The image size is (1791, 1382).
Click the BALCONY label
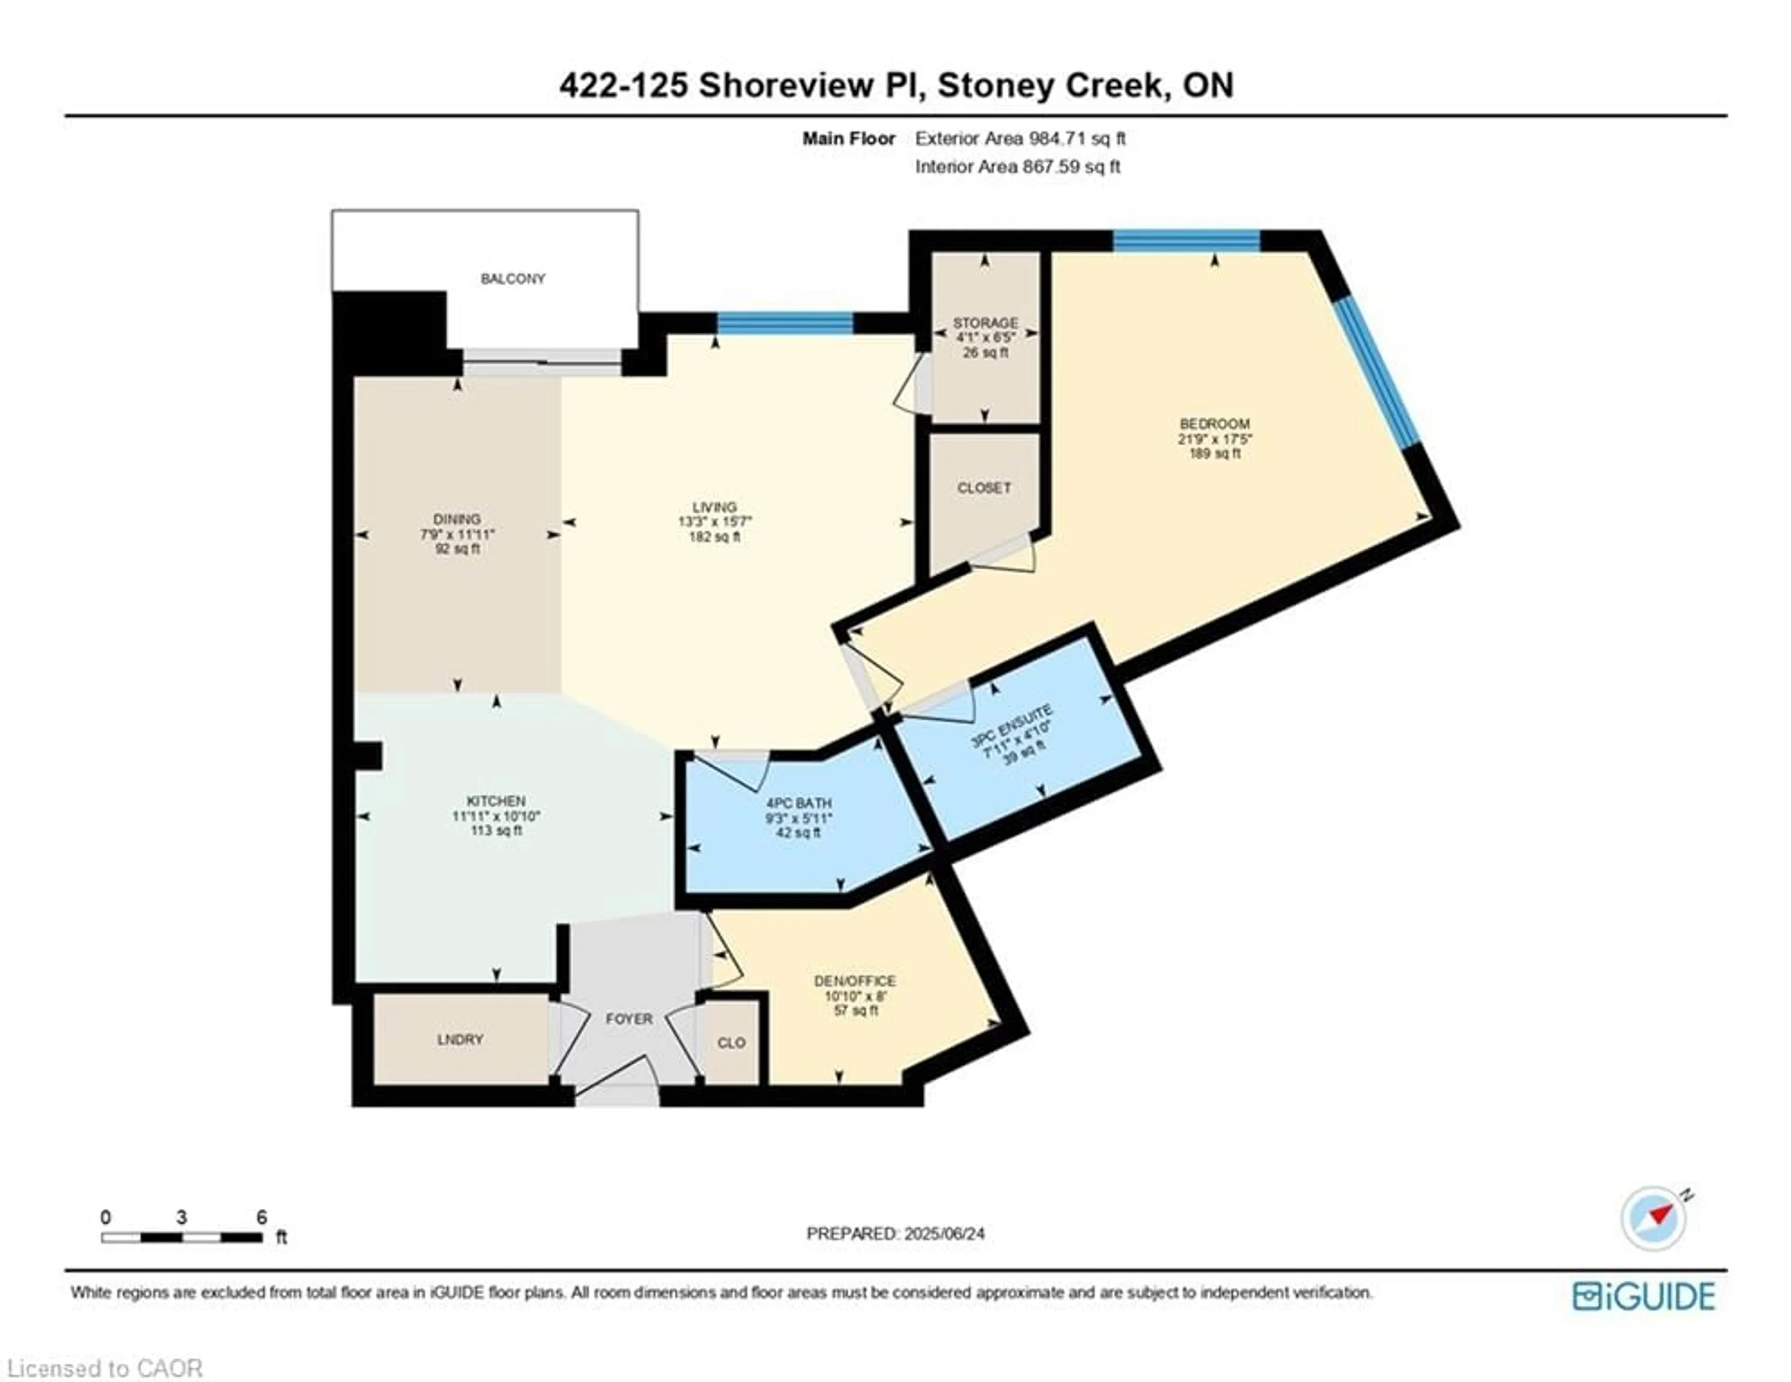(513, 279)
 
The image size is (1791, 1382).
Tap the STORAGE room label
(985, 323)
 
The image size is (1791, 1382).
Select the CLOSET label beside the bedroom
(984, 488)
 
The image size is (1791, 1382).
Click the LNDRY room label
(460, 1039)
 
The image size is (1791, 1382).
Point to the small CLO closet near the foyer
(731, 1043)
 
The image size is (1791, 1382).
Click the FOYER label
(629, 1019)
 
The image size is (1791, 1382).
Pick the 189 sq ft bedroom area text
(1215, 453)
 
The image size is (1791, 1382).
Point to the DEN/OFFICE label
(854, 981)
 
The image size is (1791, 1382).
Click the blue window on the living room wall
(785, 323)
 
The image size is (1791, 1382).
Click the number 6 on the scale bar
(262, 1217)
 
